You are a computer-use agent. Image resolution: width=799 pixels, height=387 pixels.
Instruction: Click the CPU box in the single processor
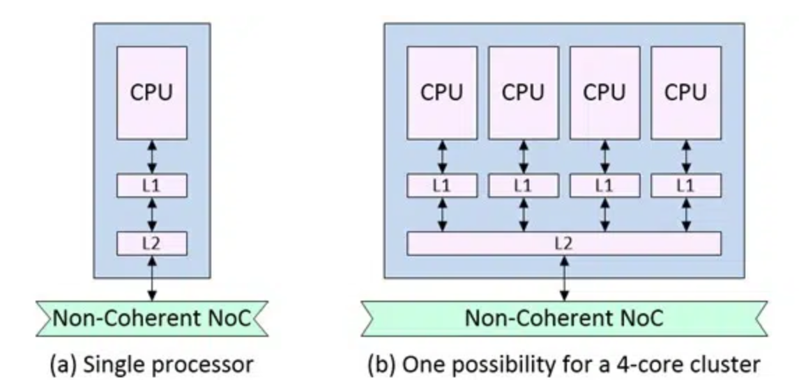[151, 93]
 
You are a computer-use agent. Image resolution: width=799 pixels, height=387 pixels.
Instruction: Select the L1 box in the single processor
[151, 186]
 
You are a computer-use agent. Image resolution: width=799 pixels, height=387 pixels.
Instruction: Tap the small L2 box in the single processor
[151, 244]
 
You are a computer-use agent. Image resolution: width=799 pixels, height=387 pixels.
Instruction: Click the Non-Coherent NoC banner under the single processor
[151, 319]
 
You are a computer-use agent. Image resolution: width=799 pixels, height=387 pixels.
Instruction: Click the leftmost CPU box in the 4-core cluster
[442, 93]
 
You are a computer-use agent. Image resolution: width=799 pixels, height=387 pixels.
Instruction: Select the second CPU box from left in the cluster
[523, 93]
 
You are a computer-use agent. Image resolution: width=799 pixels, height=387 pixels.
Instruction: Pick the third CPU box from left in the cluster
[604, 93]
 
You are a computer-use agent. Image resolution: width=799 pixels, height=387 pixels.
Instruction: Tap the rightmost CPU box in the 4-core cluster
[685, 93]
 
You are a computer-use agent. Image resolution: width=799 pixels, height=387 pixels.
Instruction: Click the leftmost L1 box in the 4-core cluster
[442, 186]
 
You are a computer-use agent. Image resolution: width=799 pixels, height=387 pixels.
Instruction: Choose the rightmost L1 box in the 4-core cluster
[685, 186]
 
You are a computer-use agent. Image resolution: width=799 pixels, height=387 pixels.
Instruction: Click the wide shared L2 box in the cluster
[563, 244]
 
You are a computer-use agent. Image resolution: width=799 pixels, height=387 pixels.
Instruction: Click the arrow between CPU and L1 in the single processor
[151, 157]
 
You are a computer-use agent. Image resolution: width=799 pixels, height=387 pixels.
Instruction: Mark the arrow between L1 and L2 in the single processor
[151, 214]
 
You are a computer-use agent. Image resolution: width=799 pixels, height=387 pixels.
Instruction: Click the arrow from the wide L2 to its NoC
[563, 278]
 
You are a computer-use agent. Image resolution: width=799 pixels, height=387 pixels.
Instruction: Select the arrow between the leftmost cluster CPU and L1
[442, 157]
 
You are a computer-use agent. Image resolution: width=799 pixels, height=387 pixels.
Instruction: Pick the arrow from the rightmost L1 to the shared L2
[685, 214]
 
